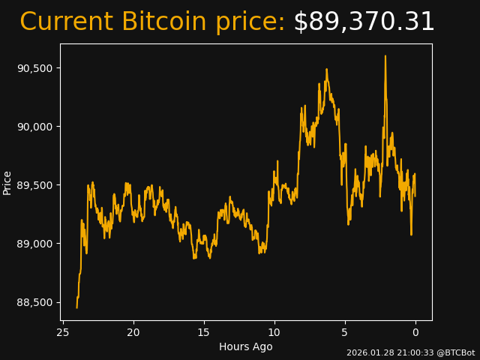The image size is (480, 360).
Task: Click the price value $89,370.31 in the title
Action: click(364, 22)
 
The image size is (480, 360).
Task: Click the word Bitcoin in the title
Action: click(163, 22)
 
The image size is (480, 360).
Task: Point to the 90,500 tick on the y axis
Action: click(36, 68)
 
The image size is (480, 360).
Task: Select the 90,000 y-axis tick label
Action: click(36, 127)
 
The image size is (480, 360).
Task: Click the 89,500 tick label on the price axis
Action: click(36, 185)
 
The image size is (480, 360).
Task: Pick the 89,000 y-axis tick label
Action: click(36, 244)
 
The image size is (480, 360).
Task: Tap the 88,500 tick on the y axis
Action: click(36, 302)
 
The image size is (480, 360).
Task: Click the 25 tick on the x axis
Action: click(63, 332)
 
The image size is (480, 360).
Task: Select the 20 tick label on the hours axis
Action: click(133, 332)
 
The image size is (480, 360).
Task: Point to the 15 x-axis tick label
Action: click(204, 332)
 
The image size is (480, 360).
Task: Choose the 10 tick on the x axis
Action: click(274, 332)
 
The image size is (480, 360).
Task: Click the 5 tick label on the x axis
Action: click(345, 332)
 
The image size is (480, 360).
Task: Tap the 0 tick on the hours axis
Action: click(415, 332)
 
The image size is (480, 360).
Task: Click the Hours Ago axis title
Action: click(246, 346)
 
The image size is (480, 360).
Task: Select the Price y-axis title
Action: click(7, 182)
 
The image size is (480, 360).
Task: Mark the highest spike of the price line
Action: click(385, 56)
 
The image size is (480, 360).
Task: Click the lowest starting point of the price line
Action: click(76, 307)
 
